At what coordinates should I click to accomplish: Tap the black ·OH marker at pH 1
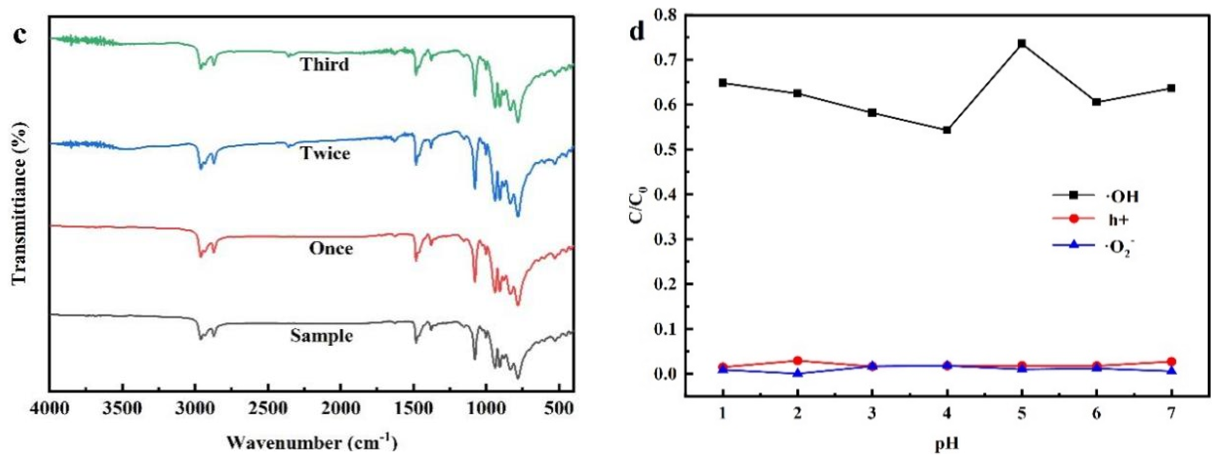point(723,83)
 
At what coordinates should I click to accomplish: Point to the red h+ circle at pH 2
point(798,361)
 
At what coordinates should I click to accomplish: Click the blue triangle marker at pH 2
point(798,373)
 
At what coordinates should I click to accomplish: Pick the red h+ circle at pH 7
point(1171,362)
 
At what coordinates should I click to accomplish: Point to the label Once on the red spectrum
point(331,248)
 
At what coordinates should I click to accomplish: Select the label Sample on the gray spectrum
point(321,336)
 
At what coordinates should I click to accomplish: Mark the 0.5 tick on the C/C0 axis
point(666,149)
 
